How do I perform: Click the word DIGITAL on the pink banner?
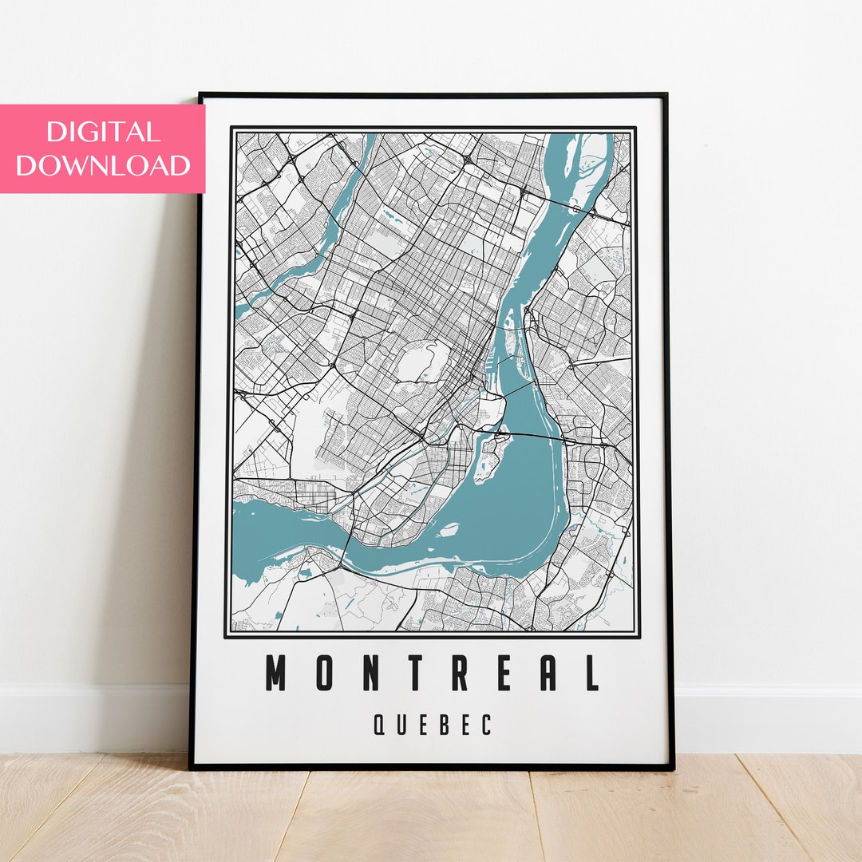(103, 131)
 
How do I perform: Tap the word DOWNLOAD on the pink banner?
(103, 165)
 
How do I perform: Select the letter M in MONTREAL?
(276, 673)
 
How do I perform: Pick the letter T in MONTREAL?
(413, 673)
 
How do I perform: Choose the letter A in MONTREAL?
(548, 673)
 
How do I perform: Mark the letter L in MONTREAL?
(591, 673)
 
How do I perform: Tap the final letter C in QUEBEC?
(487, 725)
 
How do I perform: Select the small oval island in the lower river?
(449, 528)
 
